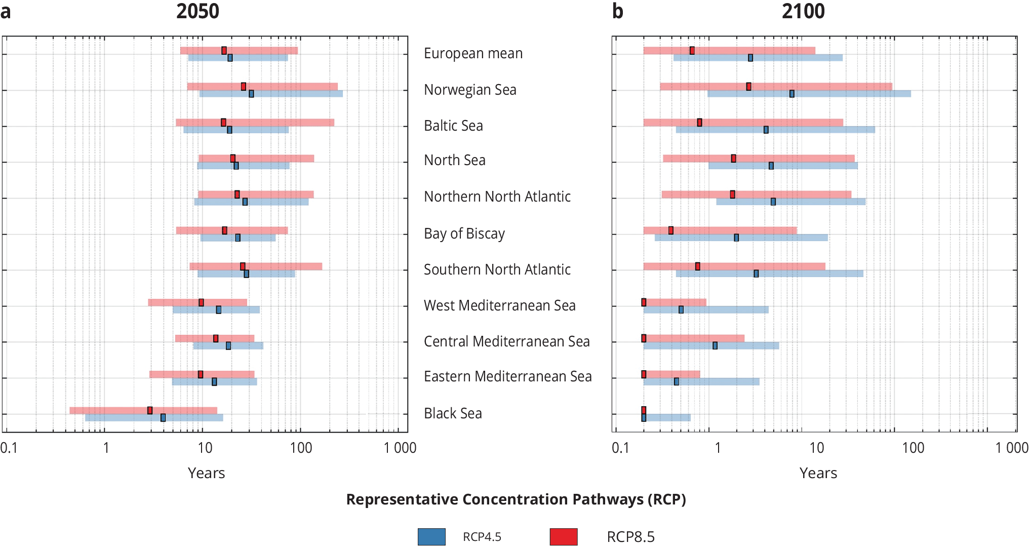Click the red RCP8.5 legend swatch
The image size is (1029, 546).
pyautogui.click(x=564, y=536)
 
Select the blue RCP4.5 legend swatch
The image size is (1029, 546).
pyautogui.click(x=431, y=536)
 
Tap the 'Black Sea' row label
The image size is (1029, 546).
pyautogui.click(x=453, y=413)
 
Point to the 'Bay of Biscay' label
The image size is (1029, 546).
pyautogui.click(x=464, y=233)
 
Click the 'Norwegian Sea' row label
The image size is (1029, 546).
pyautogui.click(x=470, y=90)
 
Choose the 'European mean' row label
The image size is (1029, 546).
pyautogui.click(x=473, y=53)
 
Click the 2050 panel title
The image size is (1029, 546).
pyautogui.click(x=197, y=11)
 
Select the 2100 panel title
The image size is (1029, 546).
pyautogui.click(x=803, y=11)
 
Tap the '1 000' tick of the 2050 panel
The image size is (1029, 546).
pyautogui.click(x=400, y=448)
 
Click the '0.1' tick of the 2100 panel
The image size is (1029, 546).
pyautogui.click(x=620, y=448)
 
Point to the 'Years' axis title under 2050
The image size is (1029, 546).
pyautogui.click(x=206, y=473)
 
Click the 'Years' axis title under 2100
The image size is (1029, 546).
pyautogui.click(x=818, y=473)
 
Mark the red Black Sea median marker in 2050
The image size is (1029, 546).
pyautogui.click(x=150, y=410)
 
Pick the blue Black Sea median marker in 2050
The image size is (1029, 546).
pyautogui.click(x=163, y=417)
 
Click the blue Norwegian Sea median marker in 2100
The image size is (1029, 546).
pyautogui.click(x=792, y=94)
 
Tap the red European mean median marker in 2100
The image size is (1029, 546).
pyautogui.click(x=692, y=51)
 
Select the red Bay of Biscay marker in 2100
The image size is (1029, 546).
pyautogui.click(x=671, y=230)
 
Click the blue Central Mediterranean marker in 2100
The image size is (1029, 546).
pyautogui.click(x=715, y=345)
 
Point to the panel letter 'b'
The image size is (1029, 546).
pyautogui.click(x=617, y=11)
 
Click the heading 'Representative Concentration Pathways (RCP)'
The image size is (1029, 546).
pyautogui.click(x=516, y=499)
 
